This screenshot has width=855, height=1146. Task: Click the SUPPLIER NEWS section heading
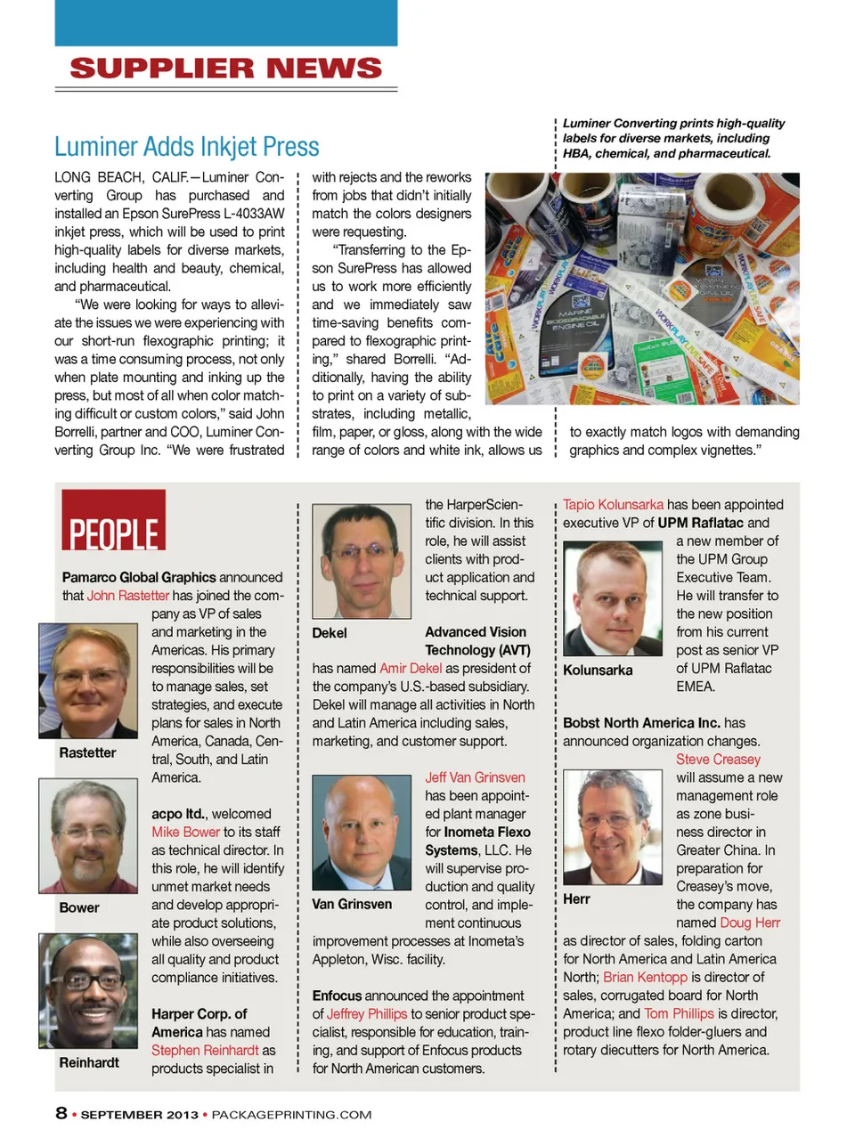pos(225,69)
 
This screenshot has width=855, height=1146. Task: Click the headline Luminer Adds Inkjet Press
pos(187,147)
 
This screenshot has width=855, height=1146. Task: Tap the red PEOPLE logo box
pos(113,520)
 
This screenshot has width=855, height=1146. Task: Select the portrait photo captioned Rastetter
pos(88,681)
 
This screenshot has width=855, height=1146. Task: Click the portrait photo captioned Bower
pos(88,836)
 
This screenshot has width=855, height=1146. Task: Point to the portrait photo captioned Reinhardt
pos(88,991)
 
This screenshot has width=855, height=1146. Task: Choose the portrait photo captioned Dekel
pos(362,561)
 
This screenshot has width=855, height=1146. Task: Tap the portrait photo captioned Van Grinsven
pos(362,832)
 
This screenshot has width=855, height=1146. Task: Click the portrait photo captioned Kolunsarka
pos(614,599)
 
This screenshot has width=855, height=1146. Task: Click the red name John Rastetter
pos(128,596)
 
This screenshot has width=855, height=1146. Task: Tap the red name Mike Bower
pos(185,832)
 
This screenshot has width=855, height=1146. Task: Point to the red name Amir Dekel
pos(411,669)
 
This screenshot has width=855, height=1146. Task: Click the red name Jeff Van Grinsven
pos(475,777)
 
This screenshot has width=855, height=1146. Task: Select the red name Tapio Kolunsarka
pos(613,505)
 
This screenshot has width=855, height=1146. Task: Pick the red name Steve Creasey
pos(718,760)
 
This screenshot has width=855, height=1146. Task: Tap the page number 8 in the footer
pos(61,1113)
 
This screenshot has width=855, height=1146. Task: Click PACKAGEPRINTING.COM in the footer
pos(291,1115)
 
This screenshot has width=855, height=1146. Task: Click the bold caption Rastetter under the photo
pos(87,752)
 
